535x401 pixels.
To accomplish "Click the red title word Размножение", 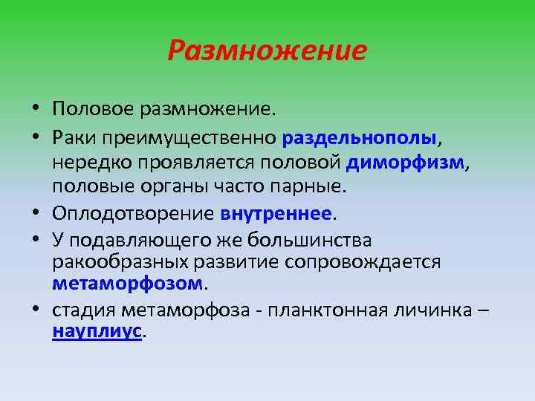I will (x=267, y=50).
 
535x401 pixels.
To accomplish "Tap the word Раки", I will (x=72, y=138).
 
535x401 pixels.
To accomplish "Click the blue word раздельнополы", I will (x=351, y=138).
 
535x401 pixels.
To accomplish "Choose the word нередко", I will (x=87, y=163).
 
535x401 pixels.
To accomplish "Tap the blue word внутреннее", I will (x=276, y=214).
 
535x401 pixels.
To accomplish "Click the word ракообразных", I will (x=111, y=262).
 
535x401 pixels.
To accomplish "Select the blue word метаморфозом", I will (x=127, y=284).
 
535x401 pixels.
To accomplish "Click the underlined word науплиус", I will (x=97, y=333).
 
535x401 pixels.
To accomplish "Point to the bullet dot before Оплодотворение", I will (x=35, y=214).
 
